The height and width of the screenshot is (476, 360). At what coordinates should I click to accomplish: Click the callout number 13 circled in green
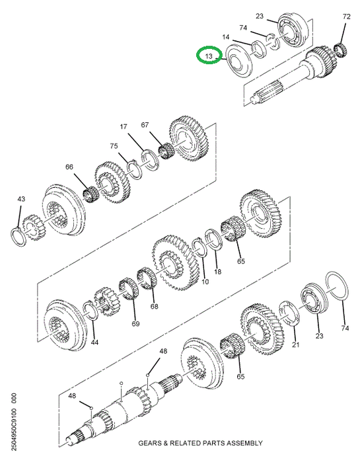[x=209, y=56]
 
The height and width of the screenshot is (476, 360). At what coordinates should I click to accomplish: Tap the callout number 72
[x=346, y=17]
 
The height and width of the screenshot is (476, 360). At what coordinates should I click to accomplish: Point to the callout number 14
[x=226, y=37]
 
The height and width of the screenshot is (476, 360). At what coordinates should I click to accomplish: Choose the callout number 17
[x=124, y=126]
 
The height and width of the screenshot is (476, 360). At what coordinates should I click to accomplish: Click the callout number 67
[x=145, y=125]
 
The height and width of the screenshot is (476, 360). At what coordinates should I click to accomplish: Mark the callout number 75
[x=114, y=146]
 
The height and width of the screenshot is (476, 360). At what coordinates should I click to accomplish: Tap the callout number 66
[x=69, y=167]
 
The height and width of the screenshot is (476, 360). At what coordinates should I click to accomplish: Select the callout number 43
[x=21, y=199]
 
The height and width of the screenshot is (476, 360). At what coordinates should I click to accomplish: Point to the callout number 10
[x=205, y=282]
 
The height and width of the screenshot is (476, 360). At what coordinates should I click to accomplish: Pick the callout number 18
[x=218, y=272]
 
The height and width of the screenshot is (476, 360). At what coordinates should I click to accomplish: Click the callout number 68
[x=155, y=306]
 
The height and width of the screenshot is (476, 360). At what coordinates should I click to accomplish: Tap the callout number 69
[x=135, y=323]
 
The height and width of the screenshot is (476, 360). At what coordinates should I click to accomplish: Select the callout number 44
[x=94, y=342]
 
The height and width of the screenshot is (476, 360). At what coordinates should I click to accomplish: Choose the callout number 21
[x=296, y=344]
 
